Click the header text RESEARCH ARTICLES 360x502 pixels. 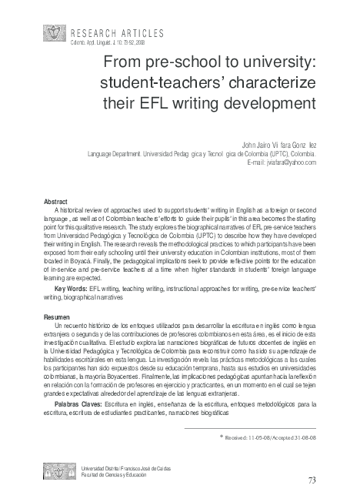pos(117,32)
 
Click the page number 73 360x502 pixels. pos(312,480)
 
